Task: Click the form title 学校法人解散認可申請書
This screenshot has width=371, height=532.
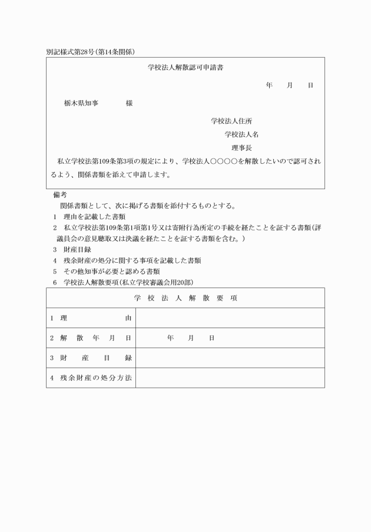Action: [185, 68]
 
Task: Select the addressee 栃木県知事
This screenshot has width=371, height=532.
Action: [81, 103]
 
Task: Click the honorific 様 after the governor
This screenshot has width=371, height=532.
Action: [129, 103]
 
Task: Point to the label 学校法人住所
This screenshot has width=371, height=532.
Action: [231, 121]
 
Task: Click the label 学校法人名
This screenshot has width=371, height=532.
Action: [241, 134]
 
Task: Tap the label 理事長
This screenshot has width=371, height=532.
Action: [241, 147]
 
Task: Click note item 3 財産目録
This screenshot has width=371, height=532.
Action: [71, 249]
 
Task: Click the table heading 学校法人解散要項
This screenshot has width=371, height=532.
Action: [185, 298]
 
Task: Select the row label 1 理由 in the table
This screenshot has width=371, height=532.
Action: [91, 318]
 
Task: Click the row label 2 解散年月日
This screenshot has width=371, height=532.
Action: [91, 338]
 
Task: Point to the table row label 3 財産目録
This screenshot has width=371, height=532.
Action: [91, 358]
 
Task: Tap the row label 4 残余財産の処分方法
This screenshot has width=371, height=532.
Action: [91, 377]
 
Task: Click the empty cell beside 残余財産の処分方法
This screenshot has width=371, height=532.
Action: [230, 377]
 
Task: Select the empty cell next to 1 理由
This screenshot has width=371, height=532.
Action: [230, 318]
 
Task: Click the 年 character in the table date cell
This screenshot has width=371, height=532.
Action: [171, 338]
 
